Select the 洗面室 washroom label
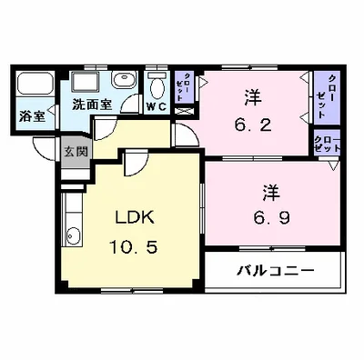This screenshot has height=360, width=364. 92,104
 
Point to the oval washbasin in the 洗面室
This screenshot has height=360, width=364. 128,84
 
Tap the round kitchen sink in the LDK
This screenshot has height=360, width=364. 74,239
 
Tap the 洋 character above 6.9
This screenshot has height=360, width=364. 270,194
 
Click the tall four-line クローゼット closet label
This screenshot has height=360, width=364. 325,97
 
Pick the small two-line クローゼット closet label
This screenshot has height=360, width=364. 325,144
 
